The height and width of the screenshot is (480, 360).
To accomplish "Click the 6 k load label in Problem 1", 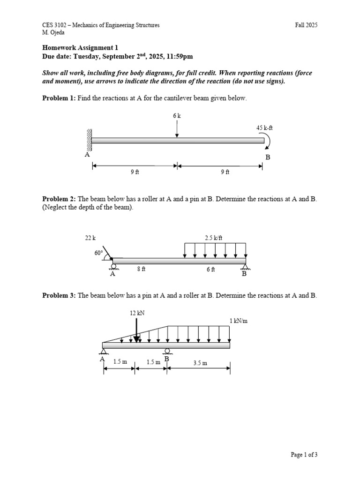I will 177,114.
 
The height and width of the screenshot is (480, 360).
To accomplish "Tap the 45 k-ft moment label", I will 264,127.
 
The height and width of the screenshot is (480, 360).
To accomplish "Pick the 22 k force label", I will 90,238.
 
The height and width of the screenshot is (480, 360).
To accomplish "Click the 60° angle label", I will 98,252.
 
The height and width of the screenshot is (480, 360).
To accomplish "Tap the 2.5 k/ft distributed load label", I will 214,238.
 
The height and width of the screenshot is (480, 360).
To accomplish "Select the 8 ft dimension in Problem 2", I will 141,269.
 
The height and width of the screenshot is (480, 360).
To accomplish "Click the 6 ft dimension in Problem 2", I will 210,269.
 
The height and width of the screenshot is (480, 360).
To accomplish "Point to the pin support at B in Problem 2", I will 245,268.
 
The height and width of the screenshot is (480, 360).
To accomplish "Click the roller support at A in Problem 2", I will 113,267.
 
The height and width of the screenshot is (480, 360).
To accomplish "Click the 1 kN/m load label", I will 237,321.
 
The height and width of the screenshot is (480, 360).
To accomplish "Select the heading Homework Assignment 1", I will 80,47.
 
